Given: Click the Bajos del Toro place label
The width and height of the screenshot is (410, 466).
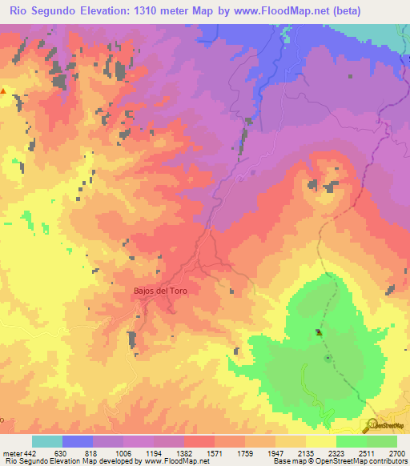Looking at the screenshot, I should [x=160, y=291].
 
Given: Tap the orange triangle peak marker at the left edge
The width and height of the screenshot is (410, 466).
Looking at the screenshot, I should [x=3, y=91].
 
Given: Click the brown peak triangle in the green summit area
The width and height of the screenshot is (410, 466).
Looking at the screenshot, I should [x=319, y=332].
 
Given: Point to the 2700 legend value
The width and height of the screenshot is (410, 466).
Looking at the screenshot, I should [x=395, y=452].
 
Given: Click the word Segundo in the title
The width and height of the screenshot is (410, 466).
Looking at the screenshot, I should [x=62, y=11].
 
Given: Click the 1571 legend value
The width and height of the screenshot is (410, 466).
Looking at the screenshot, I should [x=215, y=452].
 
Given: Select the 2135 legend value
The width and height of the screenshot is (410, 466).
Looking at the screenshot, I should [x=305, y=452].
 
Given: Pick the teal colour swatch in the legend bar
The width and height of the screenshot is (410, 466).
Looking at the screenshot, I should [x=47, y=441].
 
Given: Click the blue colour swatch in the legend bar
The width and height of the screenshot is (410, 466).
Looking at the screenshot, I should [x=78, y=441].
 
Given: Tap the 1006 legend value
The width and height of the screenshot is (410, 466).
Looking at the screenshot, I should [x=124, y=452].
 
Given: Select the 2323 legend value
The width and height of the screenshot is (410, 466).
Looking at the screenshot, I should [x=335, y=452].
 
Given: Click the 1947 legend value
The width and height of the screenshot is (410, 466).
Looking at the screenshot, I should [x=275, y=452].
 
